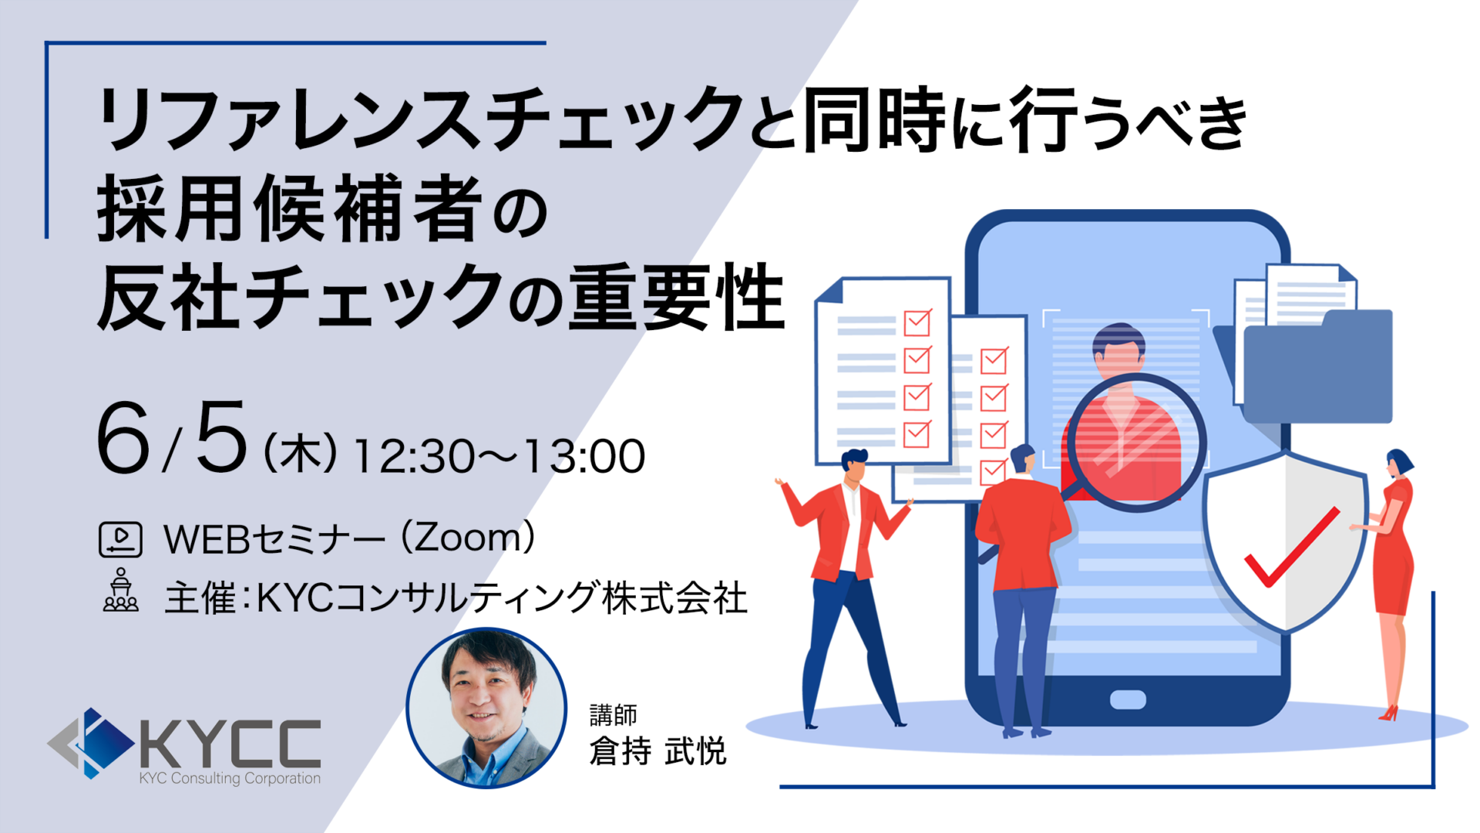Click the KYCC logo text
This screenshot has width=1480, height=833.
(230, 744)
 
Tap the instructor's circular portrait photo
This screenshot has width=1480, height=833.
(486, 708)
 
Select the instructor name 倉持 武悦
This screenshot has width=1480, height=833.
(658, 751)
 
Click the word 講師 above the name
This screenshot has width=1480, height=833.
(614, 715)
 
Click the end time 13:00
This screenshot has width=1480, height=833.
(584, 457)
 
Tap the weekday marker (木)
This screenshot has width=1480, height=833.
(301, 454)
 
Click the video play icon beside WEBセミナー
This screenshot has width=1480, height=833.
(120, 539)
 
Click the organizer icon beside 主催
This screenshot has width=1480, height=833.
(121, 590)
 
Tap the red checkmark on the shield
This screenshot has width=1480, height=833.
(1292, 546)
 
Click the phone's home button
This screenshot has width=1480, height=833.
(1128, 700)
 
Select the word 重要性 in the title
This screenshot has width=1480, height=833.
(677, 298)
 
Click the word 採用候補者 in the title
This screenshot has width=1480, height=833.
(290, 208)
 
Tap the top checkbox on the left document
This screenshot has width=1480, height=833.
(917, 322)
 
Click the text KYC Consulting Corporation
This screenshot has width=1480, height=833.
(230, 778)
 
